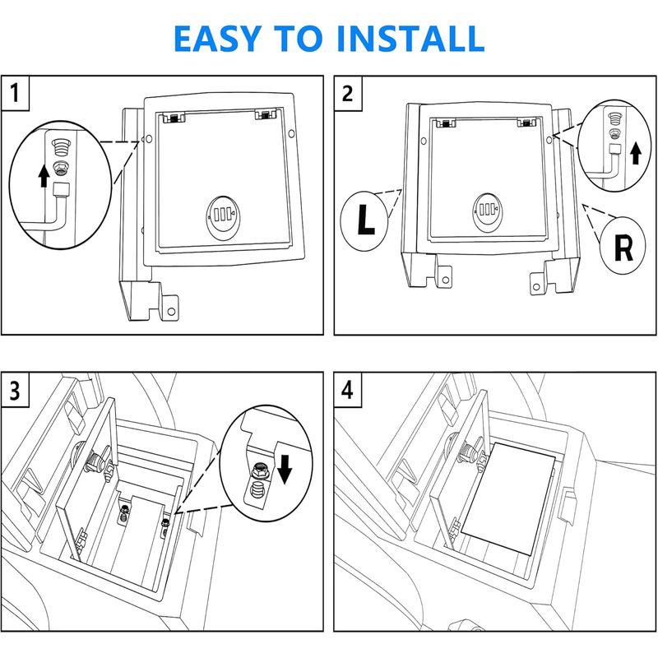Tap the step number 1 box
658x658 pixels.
pyautogui.click(x=16, y=93)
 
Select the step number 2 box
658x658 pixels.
pyautogui.click(x=347, y=93)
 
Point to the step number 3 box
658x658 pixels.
pyautogui.click(x=16, y=390)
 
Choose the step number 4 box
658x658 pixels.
pyautogui.click(x=347, y=390)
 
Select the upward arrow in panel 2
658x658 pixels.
pyautogui.click(x=634, y=153)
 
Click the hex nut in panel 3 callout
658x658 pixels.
pyautogui.click(x=258, y=470)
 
